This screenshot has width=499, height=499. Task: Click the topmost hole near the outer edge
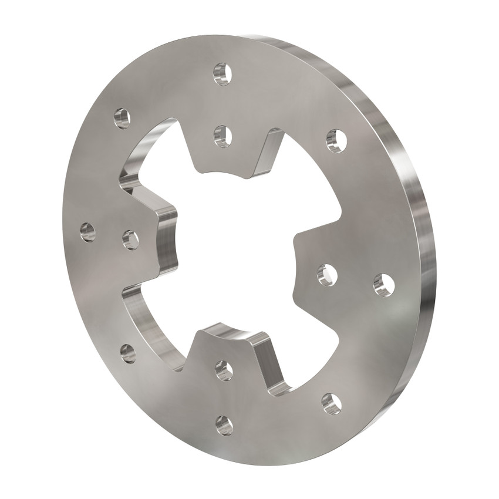(x=222, y=74)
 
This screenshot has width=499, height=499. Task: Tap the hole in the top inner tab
(x=222, y=136)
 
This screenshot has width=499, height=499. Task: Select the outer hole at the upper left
(x=122, y=118)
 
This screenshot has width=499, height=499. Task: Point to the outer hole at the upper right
(x=336, y=140)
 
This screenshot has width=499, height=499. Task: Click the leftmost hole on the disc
(x=87, y=231)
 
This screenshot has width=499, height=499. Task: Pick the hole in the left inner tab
(x=130, y=240)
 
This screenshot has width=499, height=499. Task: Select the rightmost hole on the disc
(x=383, y=285)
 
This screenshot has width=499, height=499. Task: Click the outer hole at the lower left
(x=127, y=353)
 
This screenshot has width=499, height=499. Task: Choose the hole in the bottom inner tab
(x=224, y=370)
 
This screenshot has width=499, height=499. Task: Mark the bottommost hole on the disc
(x=224, y=425)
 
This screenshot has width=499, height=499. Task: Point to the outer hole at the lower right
(x=331, y=403)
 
